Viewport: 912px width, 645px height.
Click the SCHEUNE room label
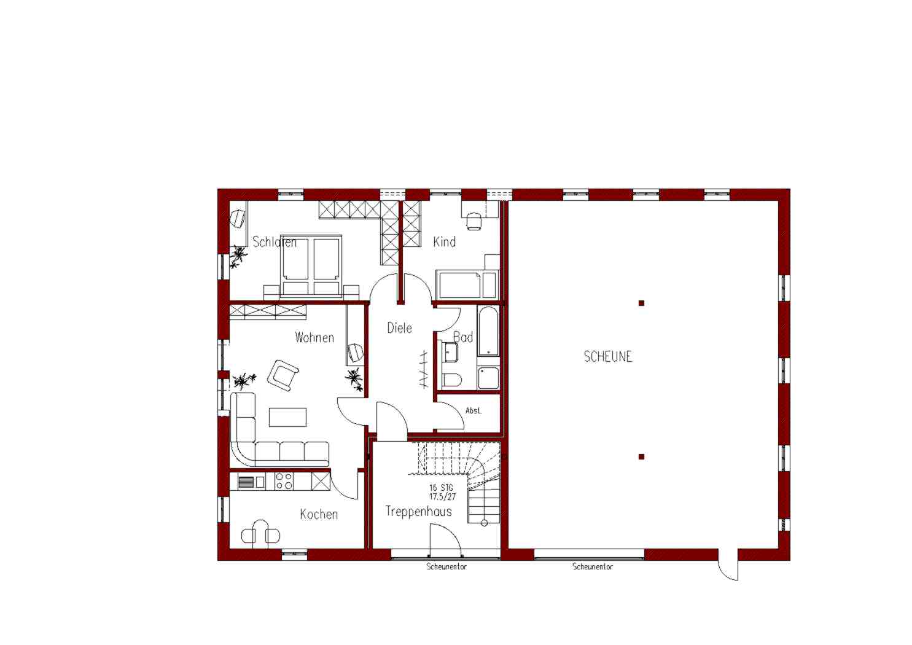[608, 357]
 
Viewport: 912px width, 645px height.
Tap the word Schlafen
[275, 242]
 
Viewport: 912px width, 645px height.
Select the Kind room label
[444, 242]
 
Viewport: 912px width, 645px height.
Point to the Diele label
[399, 328]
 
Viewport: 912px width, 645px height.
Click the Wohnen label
[314, 338]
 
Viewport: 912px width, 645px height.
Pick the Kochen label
[319, 514]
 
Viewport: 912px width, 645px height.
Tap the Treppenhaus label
[419, 511]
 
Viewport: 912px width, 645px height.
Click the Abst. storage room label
[473, 411]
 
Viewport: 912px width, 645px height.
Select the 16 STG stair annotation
[442, 487]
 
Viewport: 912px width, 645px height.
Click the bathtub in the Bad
[488, 332]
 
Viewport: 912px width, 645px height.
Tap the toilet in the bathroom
[451, 380]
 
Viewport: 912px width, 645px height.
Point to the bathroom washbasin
[450, 352]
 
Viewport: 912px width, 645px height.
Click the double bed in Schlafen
[311, 265]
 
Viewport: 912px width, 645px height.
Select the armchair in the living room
[283, 375]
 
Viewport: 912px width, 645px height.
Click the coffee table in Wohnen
[287, 417]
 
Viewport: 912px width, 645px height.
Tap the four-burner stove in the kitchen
[284, 481]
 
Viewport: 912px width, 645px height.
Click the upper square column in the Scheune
[641, 303]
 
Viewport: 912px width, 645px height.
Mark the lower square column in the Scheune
[641, 457]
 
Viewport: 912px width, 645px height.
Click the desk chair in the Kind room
[474, 222]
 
